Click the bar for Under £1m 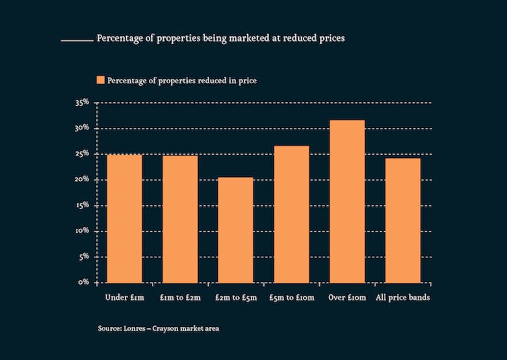[x=124, y=218]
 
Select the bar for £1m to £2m [x=180, y=219]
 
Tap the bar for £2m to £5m [x=235, y=230]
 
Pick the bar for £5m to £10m [x=291, y=214]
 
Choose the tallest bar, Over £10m [x=347, y=201]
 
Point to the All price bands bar [x=403, y=220]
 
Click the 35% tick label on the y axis [x=82, y=103]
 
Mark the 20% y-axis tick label [x=82, y=179]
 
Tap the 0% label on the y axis [x=84, y=283]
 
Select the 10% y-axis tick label [x=82, y=231]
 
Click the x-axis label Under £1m [x=124, y=298]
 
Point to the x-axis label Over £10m [x=347, y=298]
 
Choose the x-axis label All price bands [x=403, y=298]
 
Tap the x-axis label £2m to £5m [x=235, y=298]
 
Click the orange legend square [x=100, y=80]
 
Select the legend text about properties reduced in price [x=182, y=81]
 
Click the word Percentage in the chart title [x=119, y=38]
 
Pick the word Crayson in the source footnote [x=165, y=329]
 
